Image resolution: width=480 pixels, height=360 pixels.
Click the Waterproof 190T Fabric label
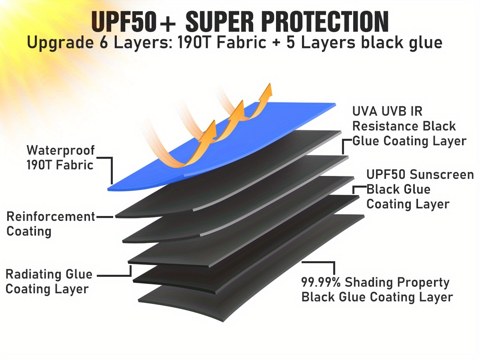coord(60,158)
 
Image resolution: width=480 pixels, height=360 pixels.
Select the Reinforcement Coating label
coord(50,224)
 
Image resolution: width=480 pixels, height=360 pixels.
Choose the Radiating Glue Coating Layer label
coord(49,282)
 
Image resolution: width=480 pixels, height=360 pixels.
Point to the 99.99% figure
coord(321,282)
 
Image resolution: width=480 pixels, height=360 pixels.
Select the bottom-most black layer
coord(256,272)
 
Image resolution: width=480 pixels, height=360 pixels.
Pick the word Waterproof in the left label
coord(60,150)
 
